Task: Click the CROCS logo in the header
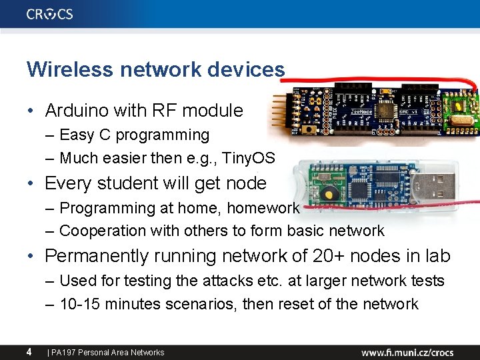point(50,14)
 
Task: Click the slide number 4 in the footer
point(29,351)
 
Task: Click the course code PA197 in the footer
point(63,352)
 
